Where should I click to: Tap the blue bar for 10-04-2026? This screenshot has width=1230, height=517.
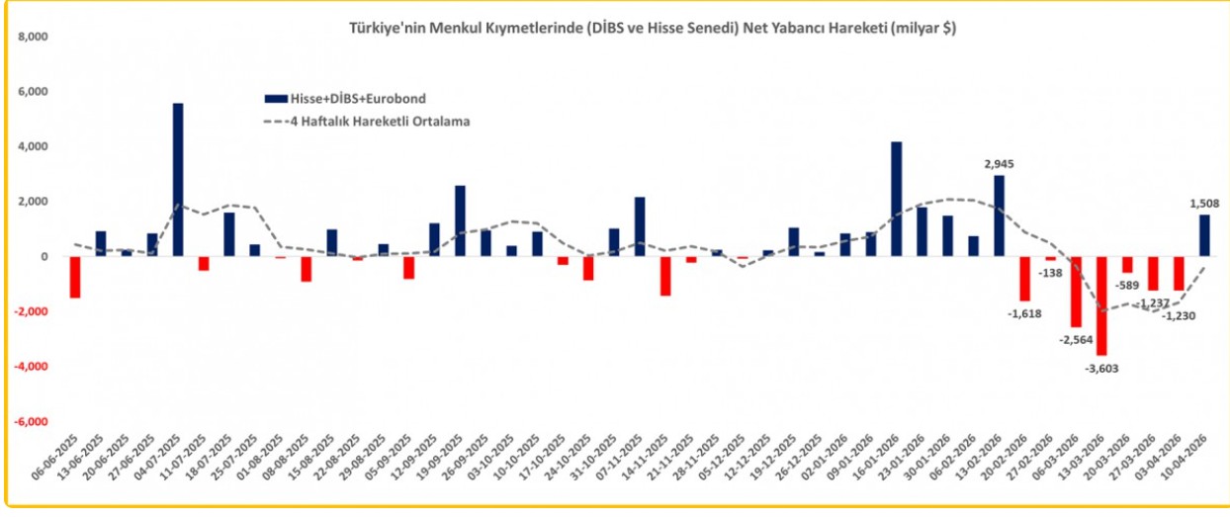point(1204,235)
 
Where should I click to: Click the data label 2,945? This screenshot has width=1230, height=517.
point(999,164)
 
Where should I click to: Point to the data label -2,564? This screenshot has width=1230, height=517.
point(1076,339)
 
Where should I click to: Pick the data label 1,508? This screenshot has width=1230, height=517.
point(1204,204)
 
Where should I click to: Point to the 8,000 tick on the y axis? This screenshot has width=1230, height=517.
point(34,37)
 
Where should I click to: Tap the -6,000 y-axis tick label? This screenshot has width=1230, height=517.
point(32,421)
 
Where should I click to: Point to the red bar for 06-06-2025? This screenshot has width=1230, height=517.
point(75,277)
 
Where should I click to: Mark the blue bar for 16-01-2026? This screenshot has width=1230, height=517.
point(896,199)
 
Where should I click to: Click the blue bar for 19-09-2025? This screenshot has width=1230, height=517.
point(460,220)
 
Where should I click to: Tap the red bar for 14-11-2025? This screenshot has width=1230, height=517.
point(664,276)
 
